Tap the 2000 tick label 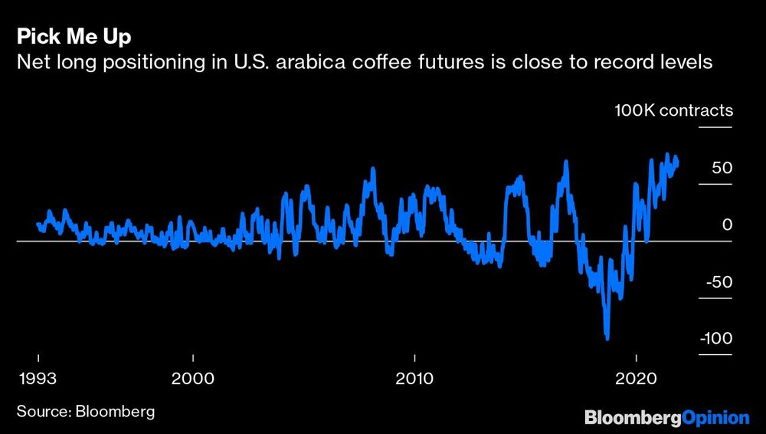pos(193,378)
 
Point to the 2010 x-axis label pos(414,378)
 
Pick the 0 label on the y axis pos(728,225)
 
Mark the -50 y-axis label pos(719,282)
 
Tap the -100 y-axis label pos(715,339)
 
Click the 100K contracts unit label pos(673,110)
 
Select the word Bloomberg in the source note pos(115,412)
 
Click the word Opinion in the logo pos(716,418)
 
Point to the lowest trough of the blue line pos(607,337)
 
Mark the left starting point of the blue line pos(38,224)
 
